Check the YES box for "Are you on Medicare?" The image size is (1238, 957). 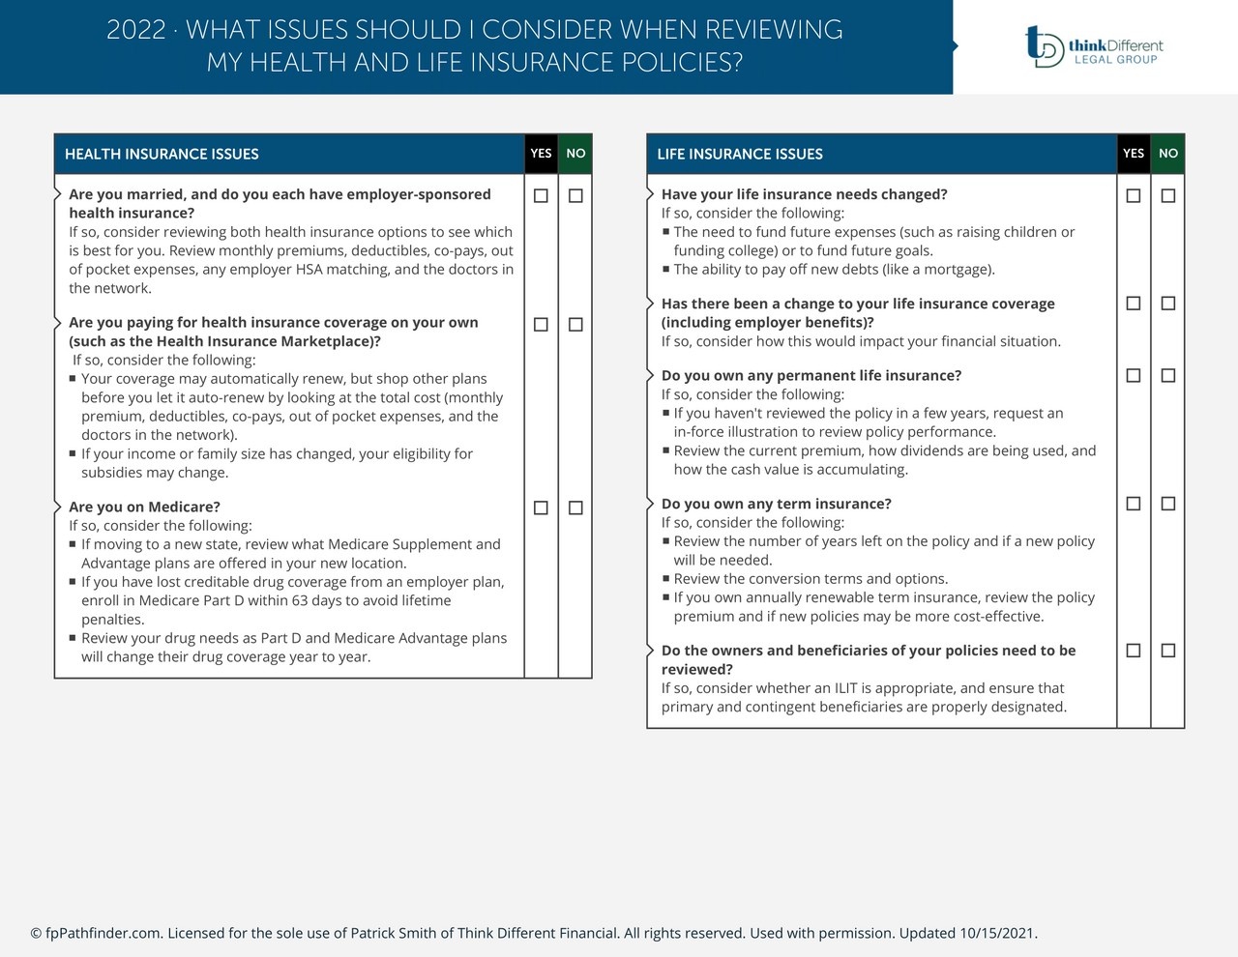pos(541,507)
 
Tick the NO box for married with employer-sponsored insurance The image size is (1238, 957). pos(575,196)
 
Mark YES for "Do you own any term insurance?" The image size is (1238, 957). pos(1134,504)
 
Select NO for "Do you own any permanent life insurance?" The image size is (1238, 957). pos(1168,375)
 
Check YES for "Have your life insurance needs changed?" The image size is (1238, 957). pos(1134,196)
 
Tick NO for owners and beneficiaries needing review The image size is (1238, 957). pos(1168,651)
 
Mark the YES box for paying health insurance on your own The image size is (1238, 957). pos(541,325)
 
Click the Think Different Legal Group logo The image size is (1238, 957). pos(1094,46)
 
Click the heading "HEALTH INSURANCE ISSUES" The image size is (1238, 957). pos(162,155)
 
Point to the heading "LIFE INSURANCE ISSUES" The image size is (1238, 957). pos(740,155)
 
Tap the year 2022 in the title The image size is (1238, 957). pos(135,30)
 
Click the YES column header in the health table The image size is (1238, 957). pos(541,154)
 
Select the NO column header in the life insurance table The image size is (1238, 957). pos(1168,154)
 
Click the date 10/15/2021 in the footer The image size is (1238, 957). pos(997,933)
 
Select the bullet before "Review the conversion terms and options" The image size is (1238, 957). pos(665,578)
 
